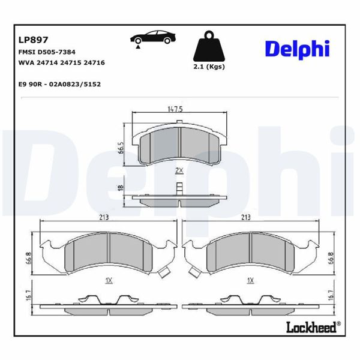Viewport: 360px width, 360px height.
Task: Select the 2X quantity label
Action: click(x=178, y=171)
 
